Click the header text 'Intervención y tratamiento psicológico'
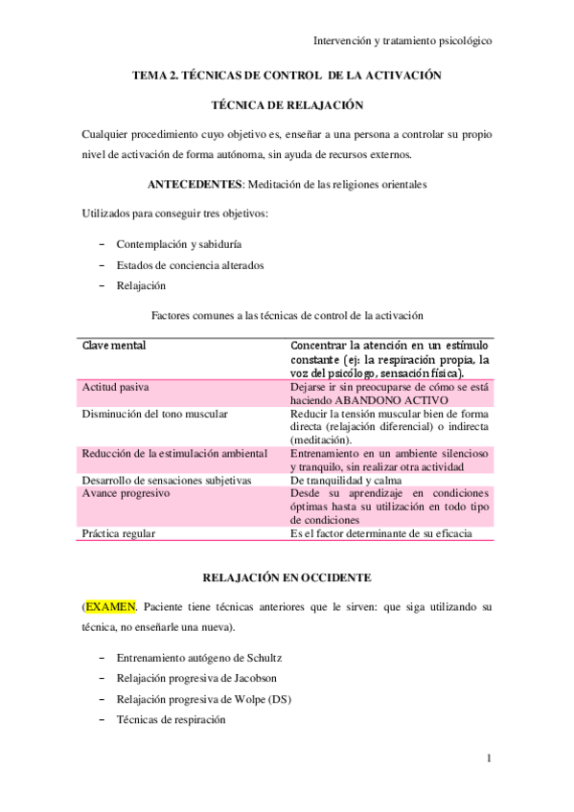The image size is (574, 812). [x=402, y=41]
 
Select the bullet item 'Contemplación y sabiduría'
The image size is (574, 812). [x=172, y=244]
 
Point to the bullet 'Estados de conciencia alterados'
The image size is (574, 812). [x=190, y=264]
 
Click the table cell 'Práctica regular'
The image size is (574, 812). [x=119, y=533]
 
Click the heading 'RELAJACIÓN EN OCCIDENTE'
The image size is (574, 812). [x=287, y=577]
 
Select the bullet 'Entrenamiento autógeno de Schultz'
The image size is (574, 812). [x=199, y=658]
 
